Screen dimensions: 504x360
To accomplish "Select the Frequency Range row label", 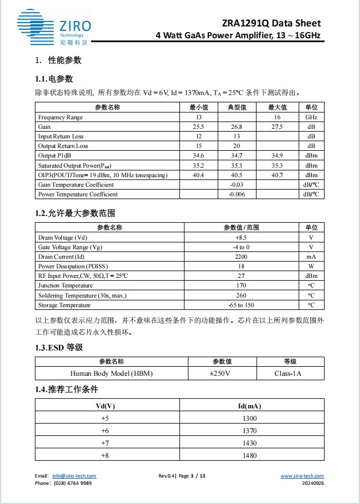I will point(60,117).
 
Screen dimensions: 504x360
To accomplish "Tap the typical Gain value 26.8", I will point(236,127).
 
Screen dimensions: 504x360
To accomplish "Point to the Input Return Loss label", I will point(61,137).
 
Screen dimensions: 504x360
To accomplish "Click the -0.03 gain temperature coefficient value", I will point(236,184).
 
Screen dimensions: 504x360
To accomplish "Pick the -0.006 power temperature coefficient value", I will point(236,194).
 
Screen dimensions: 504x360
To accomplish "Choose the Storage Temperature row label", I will point(64,305).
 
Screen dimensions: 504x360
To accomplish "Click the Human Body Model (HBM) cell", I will point(111,373).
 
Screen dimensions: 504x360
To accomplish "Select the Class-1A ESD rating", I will point(290,373).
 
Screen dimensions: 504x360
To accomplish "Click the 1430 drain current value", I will point(249,443).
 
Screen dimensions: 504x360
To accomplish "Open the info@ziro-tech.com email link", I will point(74,476).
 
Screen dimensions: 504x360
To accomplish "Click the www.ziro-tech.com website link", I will point(302,476).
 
